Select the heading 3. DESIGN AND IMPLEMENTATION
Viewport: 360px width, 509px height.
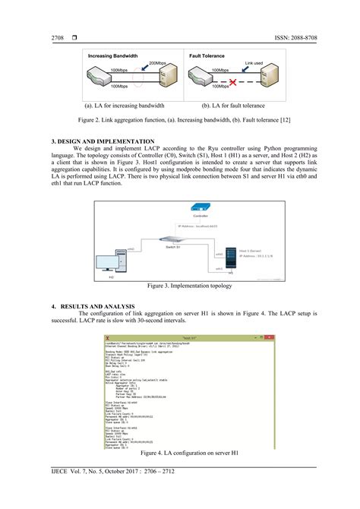point(103,141)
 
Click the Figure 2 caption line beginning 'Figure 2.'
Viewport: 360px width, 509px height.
point(179,121)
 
